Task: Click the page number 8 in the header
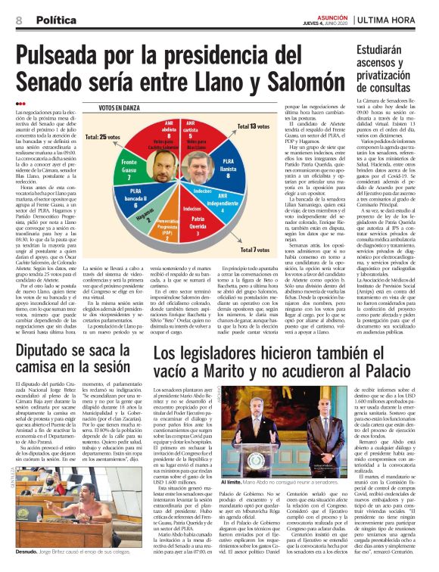(17, 21)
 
